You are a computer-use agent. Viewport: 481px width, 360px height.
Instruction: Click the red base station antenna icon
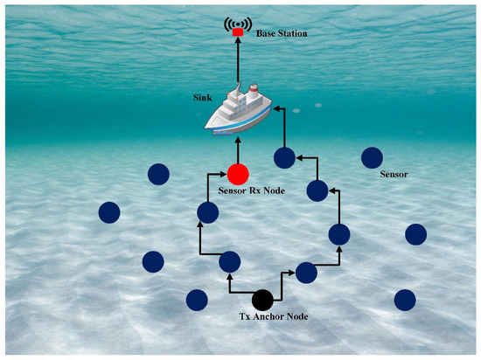point(237,29)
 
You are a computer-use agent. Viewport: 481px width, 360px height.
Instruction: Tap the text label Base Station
point(282,33)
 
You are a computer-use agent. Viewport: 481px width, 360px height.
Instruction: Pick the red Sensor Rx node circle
point(237,175)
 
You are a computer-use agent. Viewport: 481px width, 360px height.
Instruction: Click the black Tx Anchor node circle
point(262,300)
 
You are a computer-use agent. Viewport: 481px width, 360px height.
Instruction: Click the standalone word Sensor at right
point(395,175)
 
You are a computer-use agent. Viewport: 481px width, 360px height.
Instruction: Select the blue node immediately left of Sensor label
point(371,157)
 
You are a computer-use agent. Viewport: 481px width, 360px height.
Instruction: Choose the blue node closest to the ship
point(284,157)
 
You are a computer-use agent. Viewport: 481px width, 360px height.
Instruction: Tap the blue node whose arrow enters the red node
point(207,212)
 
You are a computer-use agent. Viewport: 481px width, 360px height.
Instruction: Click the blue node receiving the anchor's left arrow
point(229,260)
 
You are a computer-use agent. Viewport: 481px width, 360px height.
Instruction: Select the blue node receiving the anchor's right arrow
point(306,272)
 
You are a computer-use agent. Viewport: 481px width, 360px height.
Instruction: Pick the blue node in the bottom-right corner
point(404,300)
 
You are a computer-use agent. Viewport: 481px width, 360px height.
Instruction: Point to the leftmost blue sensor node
point(109,212)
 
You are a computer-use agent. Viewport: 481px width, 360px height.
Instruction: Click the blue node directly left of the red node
point(158,174)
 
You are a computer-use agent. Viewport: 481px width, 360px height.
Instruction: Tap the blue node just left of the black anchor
point(197,300)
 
